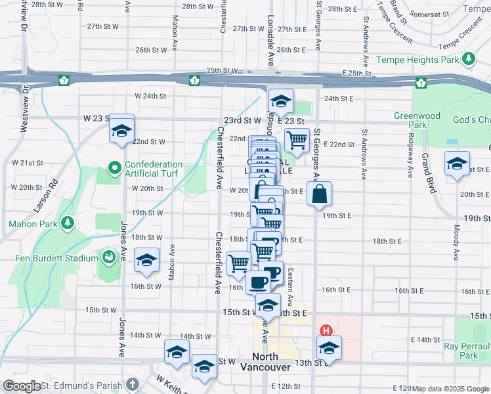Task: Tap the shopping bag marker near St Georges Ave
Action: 319,195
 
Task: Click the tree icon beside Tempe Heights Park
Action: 469,60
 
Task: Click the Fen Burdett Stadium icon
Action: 107,257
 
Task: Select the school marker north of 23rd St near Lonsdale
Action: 281,102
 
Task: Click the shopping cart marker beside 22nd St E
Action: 297,139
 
